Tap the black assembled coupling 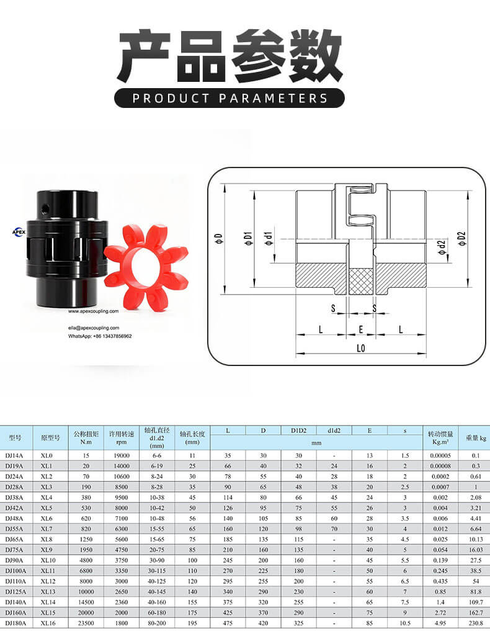click(x=67, y=248)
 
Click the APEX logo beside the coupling click(x=19, y=232)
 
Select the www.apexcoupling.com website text click(x=93, y=311)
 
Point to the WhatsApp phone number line click(x=100, y=336)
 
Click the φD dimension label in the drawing click(x=219, y=239)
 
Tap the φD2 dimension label click(x=461, y=239)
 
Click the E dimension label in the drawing click(x=360, y=329)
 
